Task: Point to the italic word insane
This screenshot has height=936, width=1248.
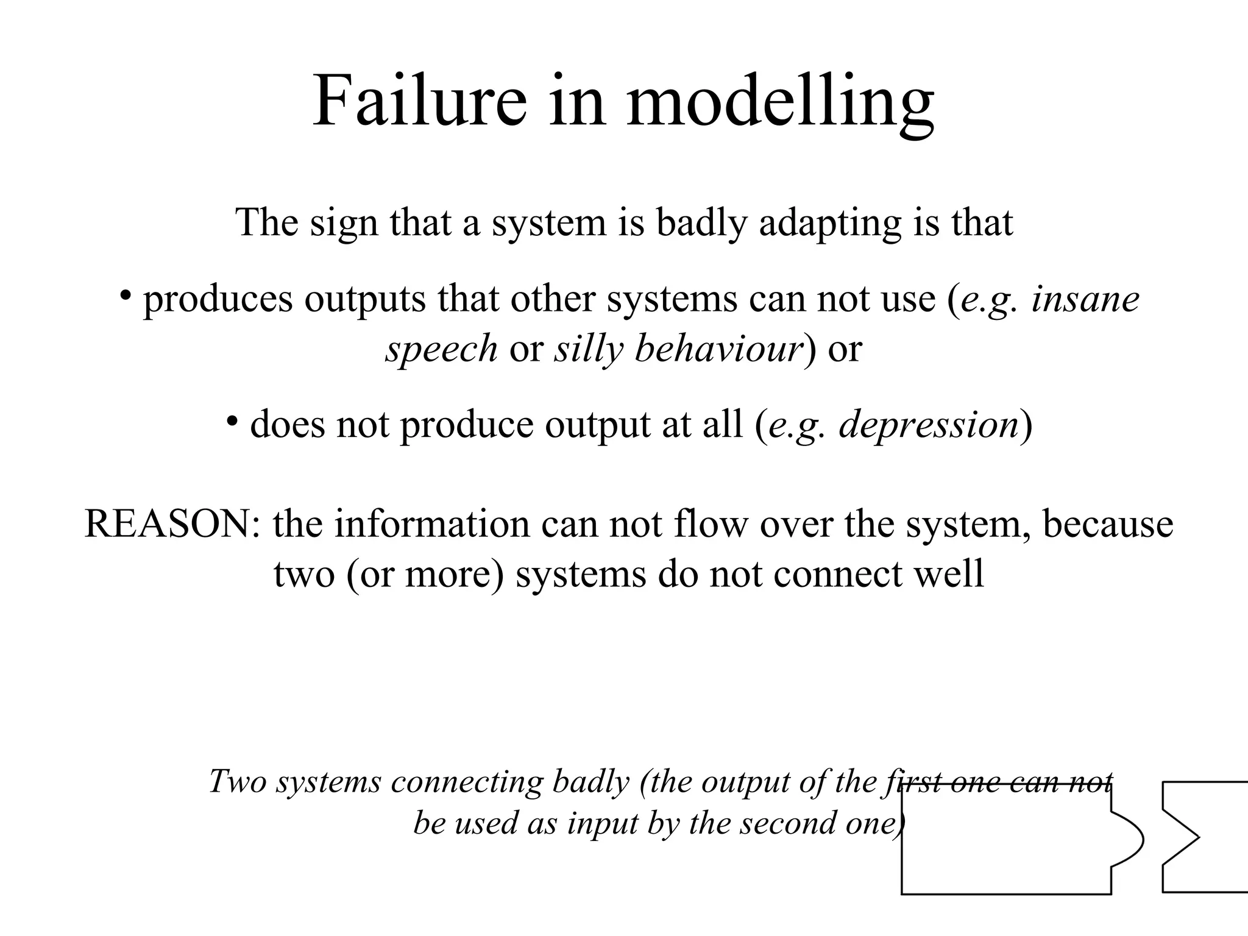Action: [1085, 300]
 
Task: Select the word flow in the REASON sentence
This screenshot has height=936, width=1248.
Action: [710, 524]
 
